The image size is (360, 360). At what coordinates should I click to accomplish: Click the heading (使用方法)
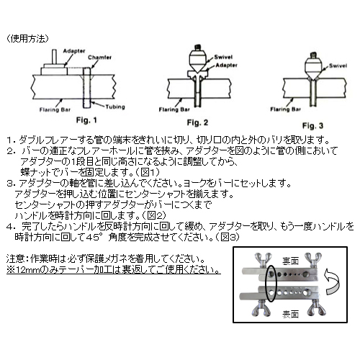[27, 39]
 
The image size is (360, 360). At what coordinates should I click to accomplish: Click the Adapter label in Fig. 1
[74, 51]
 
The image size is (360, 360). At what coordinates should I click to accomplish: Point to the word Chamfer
[99, 58]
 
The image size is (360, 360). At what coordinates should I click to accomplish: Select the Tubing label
[115, 107]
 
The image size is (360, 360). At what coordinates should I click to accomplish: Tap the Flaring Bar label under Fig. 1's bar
[55, 109]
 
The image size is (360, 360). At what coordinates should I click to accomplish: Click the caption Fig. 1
[86, 120]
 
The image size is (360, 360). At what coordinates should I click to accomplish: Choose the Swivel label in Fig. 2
[223, 57]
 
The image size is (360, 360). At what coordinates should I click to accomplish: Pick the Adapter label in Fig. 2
[226, 65]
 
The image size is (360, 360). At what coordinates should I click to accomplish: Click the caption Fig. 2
[197, 122]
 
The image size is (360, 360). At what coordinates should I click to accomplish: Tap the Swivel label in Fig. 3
[338, 66]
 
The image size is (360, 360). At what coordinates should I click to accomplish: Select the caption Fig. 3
[312, 125]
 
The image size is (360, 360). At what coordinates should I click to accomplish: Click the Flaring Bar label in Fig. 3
[285, 109]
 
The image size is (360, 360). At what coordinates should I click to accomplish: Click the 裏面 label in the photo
[290, 261]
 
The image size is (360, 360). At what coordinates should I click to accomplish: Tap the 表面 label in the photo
[290, 314]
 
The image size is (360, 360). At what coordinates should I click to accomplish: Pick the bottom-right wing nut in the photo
[316, 309]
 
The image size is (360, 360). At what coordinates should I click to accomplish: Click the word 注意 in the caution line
[14, 259]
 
